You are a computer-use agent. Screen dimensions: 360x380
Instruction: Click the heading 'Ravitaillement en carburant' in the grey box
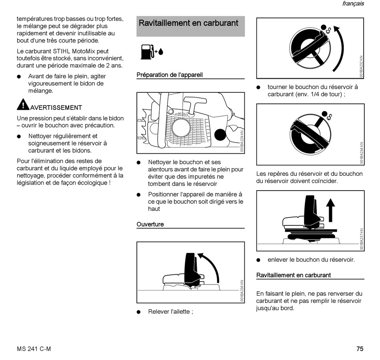[x=188, y=23]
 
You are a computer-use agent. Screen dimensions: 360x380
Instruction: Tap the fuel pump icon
[x=147, y=52]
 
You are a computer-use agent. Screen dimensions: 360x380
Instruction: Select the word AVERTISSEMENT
[x=56, y=107]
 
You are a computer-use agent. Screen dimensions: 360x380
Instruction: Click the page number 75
[x=360, y=349]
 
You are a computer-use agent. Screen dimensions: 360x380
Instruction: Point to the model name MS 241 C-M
[x=34, y=349]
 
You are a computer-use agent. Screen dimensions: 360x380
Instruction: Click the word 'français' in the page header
[x=353, y=4]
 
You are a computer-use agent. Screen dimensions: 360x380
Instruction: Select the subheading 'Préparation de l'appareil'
[x=170, y=75]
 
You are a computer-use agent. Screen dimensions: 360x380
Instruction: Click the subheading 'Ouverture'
[x=150, y=224]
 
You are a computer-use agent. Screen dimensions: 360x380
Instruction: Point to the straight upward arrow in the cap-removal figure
[x=330, y=210]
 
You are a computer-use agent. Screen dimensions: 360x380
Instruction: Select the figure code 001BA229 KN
[x=242, y=141]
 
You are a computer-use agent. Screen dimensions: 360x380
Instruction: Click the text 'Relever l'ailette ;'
[x=170, y=312]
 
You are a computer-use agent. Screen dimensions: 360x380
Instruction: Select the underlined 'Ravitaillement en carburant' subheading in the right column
[x=294, y=275]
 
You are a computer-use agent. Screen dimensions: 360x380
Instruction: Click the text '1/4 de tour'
[x=325, y=94]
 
